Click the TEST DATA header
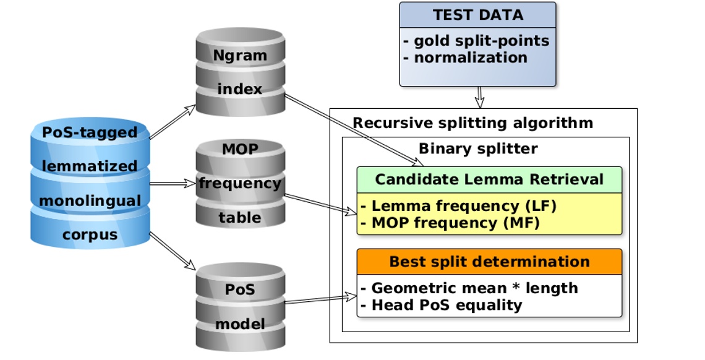pos(477,15)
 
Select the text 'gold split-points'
pos(481,41)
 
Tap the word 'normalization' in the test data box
pos(470,58)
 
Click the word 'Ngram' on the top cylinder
pos(240,55)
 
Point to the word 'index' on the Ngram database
pos(240,89)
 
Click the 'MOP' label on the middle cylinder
pos(240,149)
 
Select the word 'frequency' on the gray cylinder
pos(240,183)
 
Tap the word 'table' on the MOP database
pos(240,217)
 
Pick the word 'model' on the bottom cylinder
pos(240,324)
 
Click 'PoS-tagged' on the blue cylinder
pos(90,132)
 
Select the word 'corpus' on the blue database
pos(90,235)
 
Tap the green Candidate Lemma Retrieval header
pos(489,179)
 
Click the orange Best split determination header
pos(489,262)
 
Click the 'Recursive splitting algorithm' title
pos(473,122)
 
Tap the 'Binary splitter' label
pos(477,148)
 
